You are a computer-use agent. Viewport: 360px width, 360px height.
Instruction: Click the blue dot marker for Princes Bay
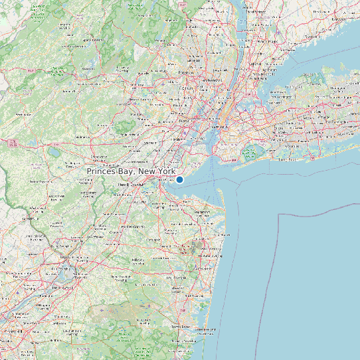point(179,179)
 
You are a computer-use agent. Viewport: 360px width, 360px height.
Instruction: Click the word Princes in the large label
point(106,171)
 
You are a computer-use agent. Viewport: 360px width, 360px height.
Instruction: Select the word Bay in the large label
point(137,171)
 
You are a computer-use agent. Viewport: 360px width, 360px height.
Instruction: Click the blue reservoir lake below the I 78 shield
point(53,152)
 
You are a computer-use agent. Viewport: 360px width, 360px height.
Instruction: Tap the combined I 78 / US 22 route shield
point(13,142)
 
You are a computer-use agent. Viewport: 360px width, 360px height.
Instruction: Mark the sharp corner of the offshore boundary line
point(278,215)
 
